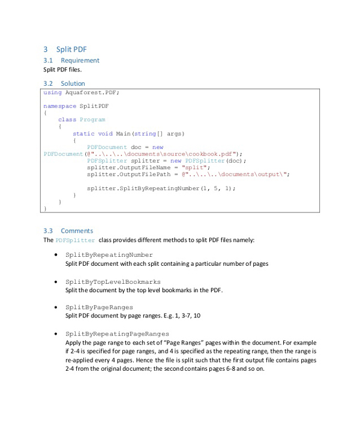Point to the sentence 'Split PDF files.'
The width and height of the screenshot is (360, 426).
pos(62,70)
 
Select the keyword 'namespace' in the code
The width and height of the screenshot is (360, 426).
pos(59,106)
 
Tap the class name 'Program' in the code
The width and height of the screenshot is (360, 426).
pos(92,119)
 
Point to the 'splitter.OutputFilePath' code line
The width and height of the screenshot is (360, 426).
pos(128,175)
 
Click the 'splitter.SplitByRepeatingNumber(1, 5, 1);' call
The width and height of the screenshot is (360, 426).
pos(161,188)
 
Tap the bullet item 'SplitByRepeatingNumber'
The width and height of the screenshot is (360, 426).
pos(109,255)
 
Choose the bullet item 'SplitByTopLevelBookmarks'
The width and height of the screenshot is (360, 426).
pos(113,281)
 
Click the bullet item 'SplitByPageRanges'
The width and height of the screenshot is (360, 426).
pos(99,307)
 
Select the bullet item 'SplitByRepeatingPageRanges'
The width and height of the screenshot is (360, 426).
pos(117,334)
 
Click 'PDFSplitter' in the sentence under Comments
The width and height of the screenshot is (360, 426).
pos(75,241)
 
